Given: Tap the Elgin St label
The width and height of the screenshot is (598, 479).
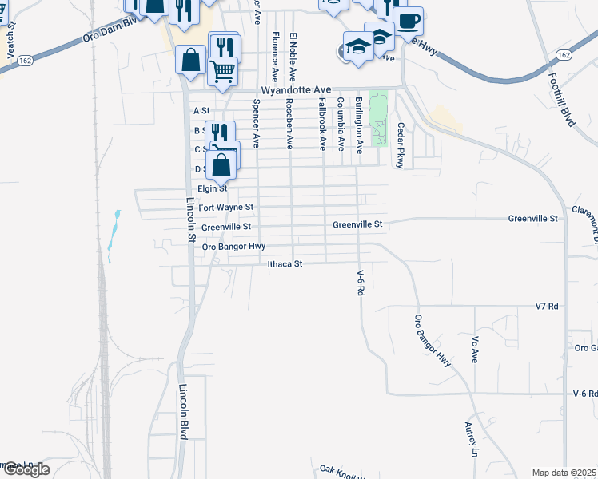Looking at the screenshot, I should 213,189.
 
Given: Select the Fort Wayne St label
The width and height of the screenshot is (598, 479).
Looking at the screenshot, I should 225,208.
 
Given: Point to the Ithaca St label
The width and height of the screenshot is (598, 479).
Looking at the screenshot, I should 285,263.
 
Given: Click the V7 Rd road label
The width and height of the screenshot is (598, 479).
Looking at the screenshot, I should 546,307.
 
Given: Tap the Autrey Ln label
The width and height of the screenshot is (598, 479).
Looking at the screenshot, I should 471,440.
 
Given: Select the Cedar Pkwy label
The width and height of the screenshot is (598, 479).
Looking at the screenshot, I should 400,144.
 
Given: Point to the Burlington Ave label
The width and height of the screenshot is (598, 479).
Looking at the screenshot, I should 359,125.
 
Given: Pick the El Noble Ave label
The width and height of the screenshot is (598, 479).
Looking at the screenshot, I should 293,57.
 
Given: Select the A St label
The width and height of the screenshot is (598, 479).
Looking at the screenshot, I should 201,110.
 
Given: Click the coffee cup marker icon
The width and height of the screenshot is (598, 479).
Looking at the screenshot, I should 408,22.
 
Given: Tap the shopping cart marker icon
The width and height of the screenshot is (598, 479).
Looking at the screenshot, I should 223,70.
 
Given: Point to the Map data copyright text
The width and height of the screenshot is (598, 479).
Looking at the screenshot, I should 564,473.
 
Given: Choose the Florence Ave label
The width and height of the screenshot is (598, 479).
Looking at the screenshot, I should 275,57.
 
